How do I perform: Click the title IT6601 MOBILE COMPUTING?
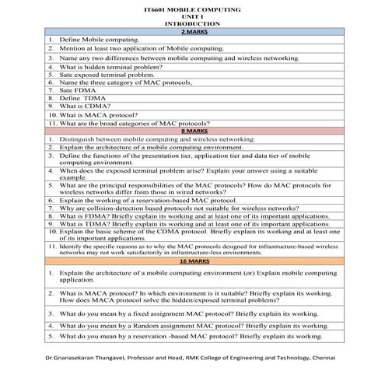[x=193, y=9]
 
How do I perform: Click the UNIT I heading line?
[x=193, y=16]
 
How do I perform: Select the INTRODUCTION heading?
[x=193, y=24]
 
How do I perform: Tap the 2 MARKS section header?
[x=193, y=31]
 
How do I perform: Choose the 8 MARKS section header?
[x=193, y=131]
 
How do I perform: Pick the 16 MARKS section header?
[x=193, y=261]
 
